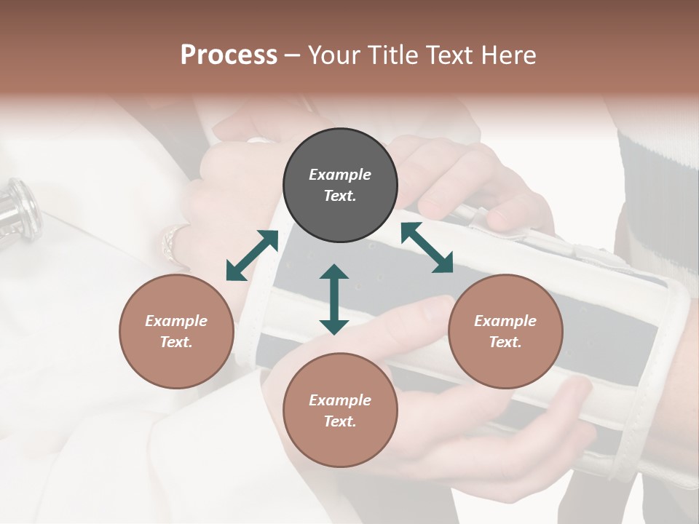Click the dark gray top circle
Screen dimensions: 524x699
point(340,186)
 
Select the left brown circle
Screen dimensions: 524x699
point(176,332)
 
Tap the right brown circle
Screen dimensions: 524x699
point(505,332)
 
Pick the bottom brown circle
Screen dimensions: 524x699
point(340,410)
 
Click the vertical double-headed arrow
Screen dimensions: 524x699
point(334,300)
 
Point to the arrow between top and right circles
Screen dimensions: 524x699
point(427,247)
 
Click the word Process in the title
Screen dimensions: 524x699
point(229,55)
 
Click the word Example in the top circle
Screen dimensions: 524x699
point(340,175)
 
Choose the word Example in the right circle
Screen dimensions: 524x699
point(505,321)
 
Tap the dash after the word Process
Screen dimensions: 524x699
point(292,55)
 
